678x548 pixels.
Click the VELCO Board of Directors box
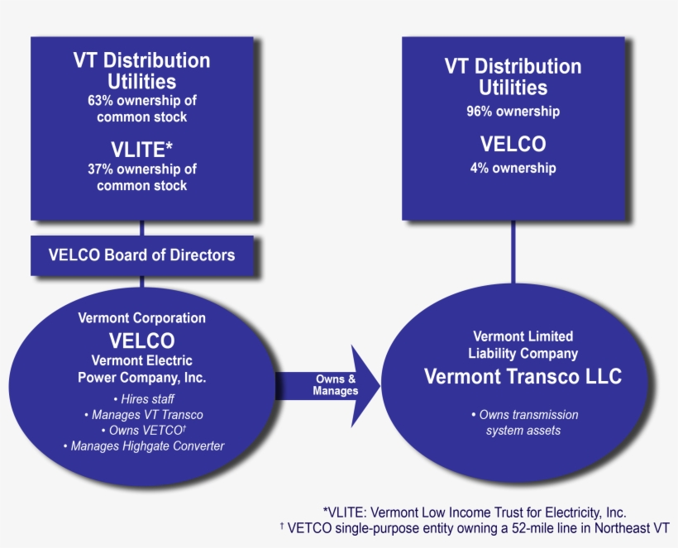(x=142, y=255)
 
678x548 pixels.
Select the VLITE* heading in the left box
(x=142, y=149)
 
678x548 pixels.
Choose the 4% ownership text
(x=513, y=168)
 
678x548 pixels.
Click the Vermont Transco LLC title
(x=523, y=376)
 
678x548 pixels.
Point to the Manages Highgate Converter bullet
(x=142, y=446)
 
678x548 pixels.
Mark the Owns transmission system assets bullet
(x=523, y=422)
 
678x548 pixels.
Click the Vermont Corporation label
(x=142, y=317)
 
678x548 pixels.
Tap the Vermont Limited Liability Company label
(x=523, y=345)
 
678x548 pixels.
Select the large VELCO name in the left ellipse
(x=142, y=340)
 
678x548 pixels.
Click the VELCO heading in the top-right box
(x=513, y=144)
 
